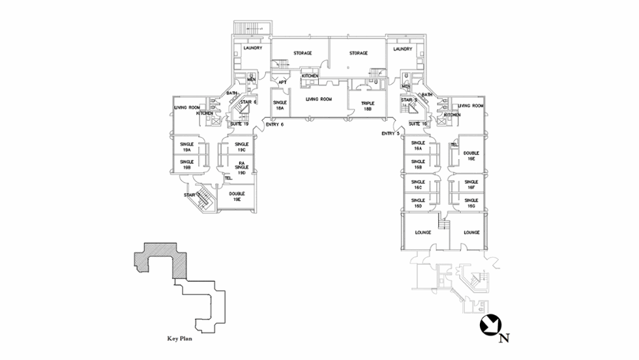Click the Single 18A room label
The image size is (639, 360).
pos(280,106)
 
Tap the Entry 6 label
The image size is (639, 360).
pos(275,124)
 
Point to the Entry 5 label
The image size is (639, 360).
pos(391,133)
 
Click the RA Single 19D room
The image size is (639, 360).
pos(241,167)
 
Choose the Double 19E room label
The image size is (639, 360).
pos(237,196)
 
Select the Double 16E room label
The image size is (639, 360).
pos(471,155)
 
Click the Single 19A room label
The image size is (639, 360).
pos(186,147)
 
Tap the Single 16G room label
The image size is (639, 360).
pos(471,203)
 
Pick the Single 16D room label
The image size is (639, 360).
pos(418,203)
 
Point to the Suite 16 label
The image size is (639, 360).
pos(417,123)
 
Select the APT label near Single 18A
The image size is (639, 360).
pos(282,83)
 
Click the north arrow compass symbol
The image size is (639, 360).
pos(490,325)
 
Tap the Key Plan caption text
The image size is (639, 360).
pos(180,339)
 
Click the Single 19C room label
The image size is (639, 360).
pos(242,147)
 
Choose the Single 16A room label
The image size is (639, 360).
pos(418,145)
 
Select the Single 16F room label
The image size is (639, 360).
pos(471,185)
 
